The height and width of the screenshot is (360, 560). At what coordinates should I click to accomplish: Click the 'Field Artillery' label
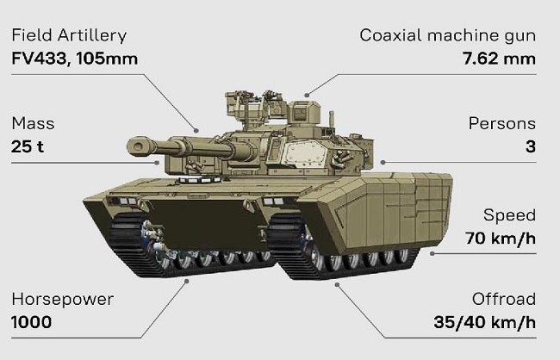coord(69,35)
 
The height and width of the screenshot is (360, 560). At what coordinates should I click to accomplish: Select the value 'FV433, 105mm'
coord(75,59)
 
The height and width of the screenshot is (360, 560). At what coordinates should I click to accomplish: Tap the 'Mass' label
coord(33,123)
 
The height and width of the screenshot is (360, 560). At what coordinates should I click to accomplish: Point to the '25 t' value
coord(28,146)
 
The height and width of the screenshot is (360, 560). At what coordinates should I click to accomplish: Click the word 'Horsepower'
coord(63,300)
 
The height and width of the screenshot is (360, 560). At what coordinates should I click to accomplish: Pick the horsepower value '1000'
coord(31,322)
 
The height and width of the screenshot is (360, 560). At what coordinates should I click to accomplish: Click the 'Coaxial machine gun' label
coord(448,35)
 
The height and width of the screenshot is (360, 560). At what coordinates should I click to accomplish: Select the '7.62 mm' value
coord(500,59)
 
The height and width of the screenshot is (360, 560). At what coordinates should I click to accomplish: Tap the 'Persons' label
coord(502,123)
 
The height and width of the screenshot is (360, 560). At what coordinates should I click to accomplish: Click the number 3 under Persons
coord(531,146)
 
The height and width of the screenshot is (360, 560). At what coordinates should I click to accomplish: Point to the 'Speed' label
coord(510,215)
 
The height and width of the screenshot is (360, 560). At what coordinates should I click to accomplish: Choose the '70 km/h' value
coord(501,239)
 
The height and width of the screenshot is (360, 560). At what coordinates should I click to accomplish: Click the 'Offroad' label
coord(504,300)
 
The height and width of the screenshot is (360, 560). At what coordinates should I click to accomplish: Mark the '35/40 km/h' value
coord(485,322)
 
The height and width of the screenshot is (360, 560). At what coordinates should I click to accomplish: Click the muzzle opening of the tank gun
coord(136,146)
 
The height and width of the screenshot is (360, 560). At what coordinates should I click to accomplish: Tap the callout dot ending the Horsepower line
coord(186,282)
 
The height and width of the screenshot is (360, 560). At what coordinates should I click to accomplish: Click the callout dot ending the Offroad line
coord(337,285)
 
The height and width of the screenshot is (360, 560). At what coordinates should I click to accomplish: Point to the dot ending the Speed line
coord(432,253)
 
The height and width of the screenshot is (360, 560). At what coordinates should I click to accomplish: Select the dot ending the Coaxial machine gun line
coord(307,95)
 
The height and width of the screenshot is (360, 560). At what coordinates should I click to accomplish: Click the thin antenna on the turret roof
coord(332,120)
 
